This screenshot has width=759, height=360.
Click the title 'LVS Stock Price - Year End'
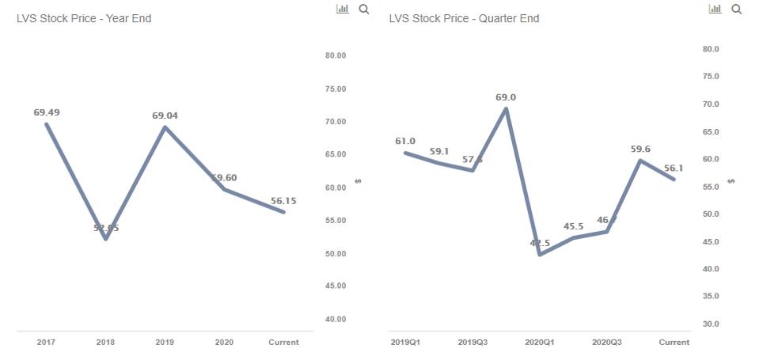(84, 18)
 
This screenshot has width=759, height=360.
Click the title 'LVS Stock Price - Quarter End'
(464, 18)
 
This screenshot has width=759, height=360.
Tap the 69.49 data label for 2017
(47, 112)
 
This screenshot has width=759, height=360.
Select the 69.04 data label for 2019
(165, 116)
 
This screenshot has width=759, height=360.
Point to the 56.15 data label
(283, 201)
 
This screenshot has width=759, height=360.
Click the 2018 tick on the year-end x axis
(105, 343)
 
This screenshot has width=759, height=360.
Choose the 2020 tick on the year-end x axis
(224, 343)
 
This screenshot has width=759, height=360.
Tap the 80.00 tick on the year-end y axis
(336, 55)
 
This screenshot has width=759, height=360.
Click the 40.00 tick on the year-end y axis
(336, 319)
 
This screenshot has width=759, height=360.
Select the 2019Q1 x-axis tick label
(405, 343)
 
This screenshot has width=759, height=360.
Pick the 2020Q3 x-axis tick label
(607, 343)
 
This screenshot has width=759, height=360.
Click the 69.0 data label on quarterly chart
(506, 97)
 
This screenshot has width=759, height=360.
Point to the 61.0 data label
(405, 141)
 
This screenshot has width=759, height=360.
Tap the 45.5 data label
(574, 226)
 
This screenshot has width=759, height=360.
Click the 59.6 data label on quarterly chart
(640, 149)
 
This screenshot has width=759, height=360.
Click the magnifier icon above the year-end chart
(364, 9)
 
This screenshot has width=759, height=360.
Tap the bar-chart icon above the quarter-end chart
(715, 9)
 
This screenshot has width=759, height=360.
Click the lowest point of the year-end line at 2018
(105, 239)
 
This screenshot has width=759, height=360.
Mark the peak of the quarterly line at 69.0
(506, 108)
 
